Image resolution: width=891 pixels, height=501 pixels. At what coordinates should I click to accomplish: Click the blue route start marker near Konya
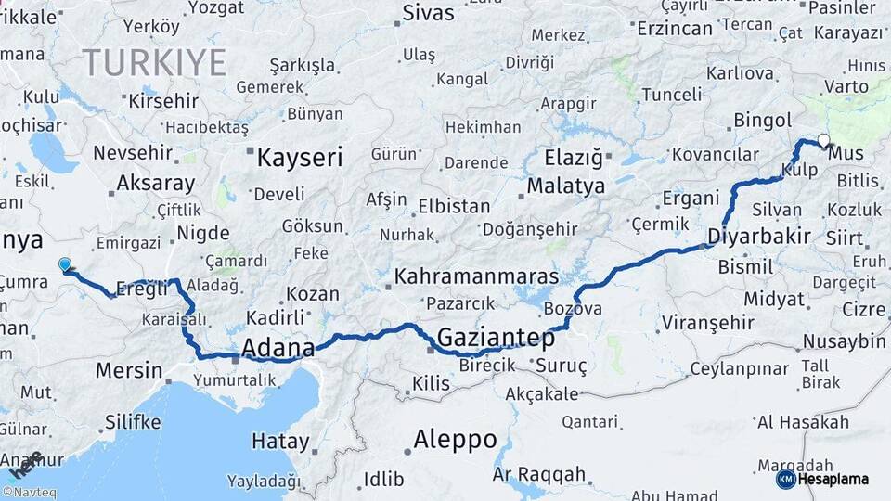pos(64,265)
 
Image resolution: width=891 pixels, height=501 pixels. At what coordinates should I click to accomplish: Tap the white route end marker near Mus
pos(823,141)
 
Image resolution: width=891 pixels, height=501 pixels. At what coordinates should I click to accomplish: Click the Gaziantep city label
pos(496,338)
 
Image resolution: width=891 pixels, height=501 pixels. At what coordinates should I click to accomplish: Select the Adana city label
pos(278,348)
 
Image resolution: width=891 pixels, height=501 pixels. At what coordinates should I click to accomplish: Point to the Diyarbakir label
pos(759,236)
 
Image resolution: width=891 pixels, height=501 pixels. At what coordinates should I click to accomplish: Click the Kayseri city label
pos(300,157)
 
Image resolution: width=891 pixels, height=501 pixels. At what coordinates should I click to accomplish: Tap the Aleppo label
pos(455,439)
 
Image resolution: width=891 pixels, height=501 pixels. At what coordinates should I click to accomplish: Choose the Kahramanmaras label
pos(476,276)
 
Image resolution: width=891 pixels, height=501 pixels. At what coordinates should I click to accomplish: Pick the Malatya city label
pos(566,186)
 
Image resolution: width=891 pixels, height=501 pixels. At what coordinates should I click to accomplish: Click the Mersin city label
pos(129,370)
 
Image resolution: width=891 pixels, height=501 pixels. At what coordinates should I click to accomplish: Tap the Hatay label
pos(279,442)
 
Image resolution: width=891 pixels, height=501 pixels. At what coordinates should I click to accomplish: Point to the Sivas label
pos(428,14)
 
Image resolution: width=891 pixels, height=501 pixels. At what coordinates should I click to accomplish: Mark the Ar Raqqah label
pos(539,474)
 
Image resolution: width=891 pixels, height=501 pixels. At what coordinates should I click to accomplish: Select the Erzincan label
pos(674,28)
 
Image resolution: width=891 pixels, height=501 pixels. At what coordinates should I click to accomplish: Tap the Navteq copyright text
pos(32,493)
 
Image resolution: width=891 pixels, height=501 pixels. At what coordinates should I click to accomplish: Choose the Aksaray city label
pos(156,183)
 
